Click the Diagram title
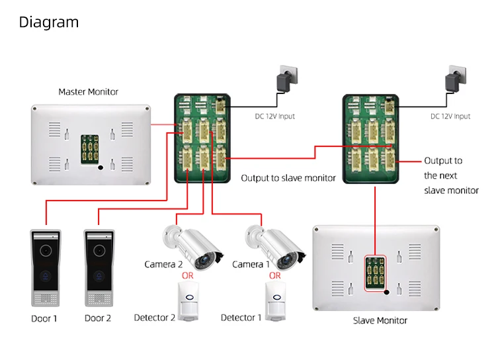click(x=48, y=22)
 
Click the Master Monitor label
click(x=88, y=92)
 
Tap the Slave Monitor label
click(x=380, y=321)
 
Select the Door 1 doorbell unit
click(x=45, y=268)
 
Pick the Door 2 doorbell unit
click(x=98, y=268)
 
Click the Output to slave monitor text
click(x=288, y=178)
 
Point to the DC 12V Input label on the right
click(x=450, y=116)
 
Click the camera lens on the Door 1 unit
click(x=45, y=252)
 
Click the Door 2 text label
click(x=98, y=318)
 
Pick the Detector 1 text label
click(x=238, y=318)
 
